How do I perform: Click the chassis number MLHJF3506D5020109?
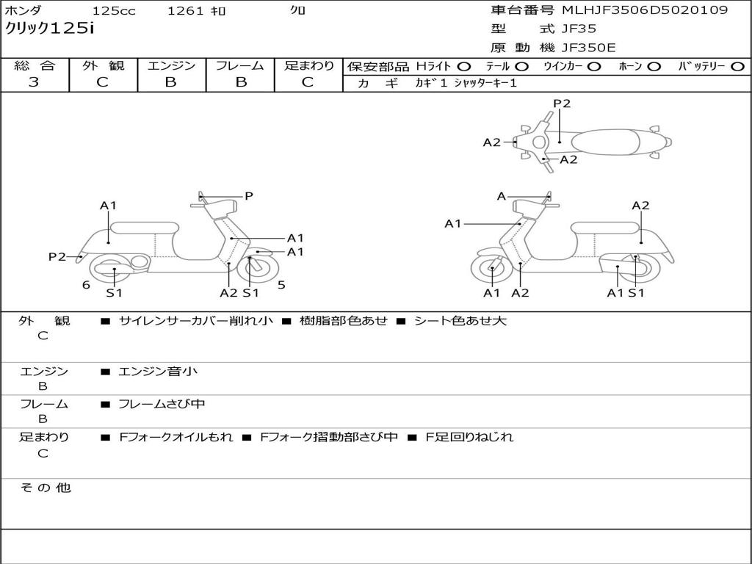tap(645, 10)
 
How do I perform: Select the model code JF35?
tap(579, 29)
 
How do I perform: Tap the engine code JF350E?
tap(587, 48)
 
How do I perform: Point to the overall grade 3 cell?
tap(34, 82)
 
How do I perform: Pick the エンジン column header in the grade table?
tap(171, 66)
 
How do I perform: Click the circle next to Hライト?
tap(464, 66)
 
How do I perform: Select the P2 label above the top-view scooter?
tap(562, 104)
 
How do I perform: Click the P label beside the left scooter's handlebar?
tap(248, 196)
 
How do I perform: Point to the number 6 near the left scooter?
tap(86, 285)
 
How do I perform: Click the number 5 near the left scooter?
tap(281, 285)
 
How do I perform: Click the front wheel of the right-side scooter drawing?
tap(492, 271)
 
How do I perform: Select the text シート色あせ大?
tap(460, 321)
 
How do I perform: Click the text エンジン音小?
tap(158, 372)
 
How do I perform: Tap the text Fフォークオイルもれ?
tap(176, 437)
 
